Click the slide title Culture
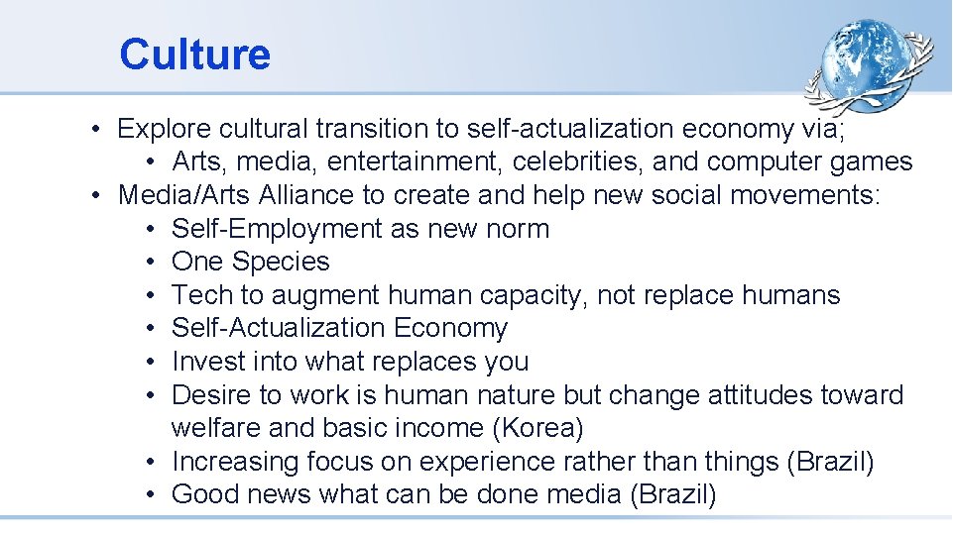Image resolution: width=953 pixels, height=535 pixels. (194, 54)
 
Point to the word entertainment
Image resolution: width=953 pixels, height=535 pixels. (432, 161)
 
